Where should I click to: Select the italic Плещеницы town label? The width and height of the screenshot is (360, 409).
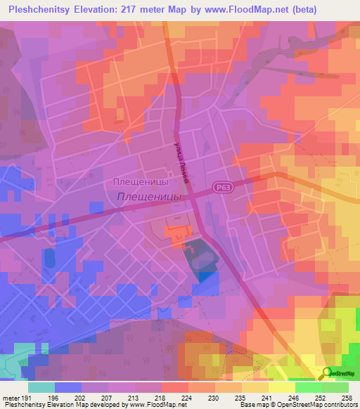(148, 198)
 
